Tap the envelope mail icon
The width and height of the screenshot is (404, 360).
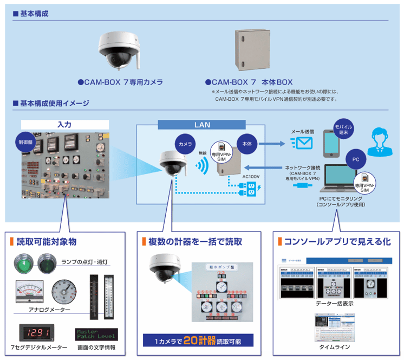[x=301, y=143]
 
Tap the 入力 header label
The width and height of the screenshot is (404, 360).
[x=64, y=124]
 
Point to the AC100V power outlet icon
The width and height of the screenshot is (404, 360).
[x=251, y=188]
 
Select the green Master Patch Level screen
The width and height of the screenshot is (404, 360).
[x=97, y=334]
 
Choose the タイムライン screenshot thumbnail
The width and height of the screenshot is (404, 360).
[x=334, y=326]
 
